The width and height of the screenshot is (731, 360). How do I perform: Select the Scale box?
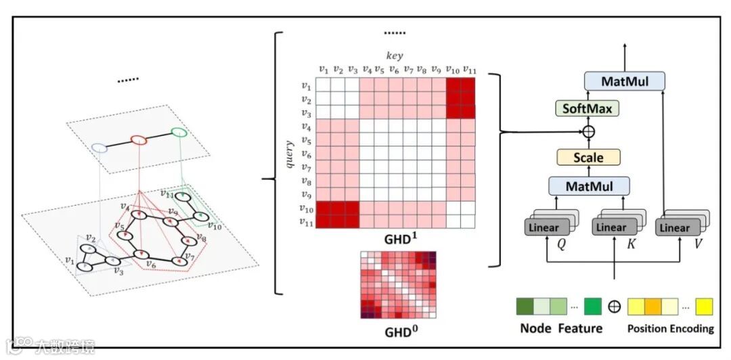588,158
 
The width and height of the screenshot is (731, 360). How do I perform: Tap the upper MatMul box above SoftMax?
624,82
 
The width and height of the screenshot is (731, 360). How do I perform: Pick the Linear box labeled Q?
544,227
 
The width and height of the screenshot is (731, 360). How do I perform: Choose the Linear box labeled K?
611,227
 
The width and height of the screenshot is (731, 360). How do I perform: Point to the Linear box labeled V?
675,227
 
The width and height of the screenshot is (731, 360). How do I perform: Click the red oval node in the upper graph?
138,141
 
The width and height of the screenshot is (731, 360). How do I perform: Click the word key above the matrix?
395,56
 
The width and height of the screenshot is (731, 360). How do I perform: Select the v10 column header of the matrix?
452,69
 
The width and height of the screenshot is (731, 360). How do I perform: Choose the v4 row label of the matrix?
307,127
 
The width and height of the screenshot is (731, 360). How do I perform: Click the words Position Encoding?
670,329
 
